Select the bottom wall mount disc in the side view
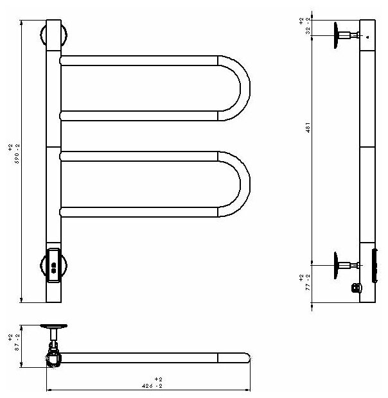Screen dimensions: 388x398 pyautogui.click(x=337, y=264)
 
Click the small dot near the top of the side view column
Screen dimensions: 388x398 pyautogui.click(x=367, y=37)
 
